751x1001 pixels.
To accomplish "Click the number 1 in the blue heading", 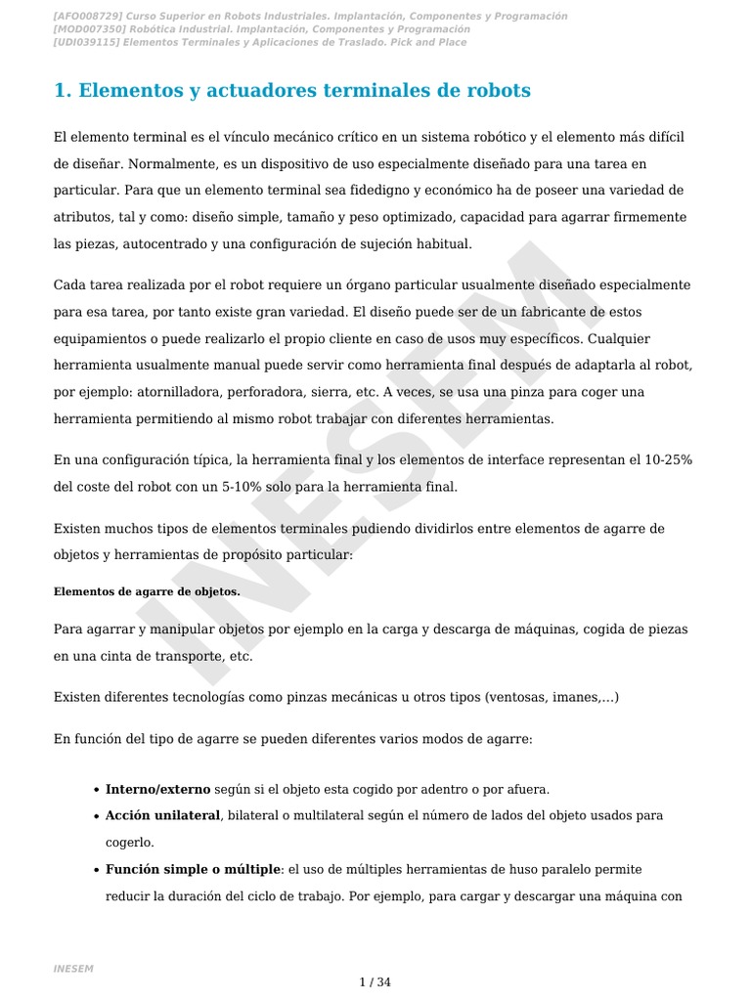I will pyautogui.click(x=61, y=91).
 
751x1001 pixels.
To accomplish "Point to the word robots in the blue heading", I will pyautogui.click(x=499, y=91).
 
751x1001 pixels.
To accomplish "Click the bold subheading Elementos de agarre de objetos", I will pyautogui.click(x=147, y=591).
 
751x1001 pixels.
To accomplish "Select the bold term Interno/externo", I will pyautogui.click(x=157, y=789).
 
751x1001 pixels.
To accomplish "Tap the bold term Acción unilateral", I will pyautogui.click(x=163, y=815).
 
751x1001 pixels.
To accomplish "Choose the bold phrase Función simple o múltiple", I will pyautogui.click(x=194, y=868).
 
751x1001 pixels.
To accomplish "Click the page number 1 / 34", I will pyautogui.click(x=375, y=982).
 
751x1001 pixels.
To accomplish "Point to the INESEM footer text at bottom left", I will pyautogui.click(x=73, y=968).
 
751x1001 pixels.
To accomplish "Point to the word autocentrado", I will pyautogui.click(x=164, y=243).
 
